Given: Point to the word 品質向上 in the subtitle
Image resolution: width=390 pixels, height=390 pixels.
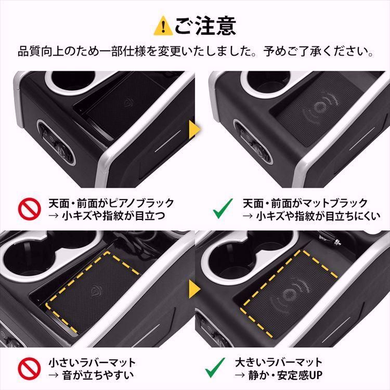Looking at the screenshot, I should pos(38,53).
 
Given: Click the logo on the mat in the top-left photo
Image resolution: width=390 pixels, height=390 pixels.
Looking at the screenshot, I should pos(128,103).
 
